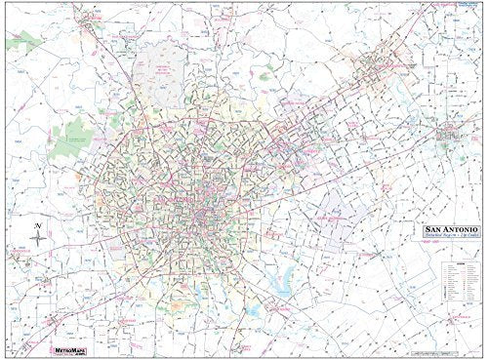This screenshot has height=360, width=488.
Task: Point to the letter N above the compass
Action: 36,225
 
